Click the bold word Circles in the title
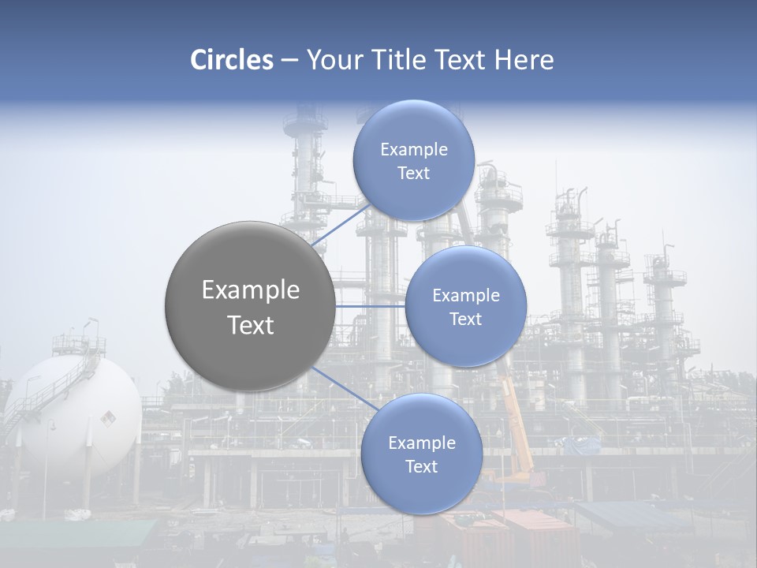(x=232, y=60)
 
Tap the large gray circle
(x=250, y=306)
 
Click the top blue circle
(x=413, y=160)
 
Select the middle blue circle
(x=465, y=306)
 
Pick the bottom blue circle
(x=421, y=454)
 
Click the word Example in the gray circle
(x=250, y=290)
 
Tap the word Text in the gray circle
(x=250, y=325)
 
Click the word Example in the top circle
(x=413, y=149)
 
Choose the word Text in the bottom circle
(x=421, y=466)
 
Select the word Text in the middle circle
(x=465, y=319)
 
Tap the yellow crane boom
(x=516, y=418)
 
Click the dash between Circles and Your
(x=289, y=61)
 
